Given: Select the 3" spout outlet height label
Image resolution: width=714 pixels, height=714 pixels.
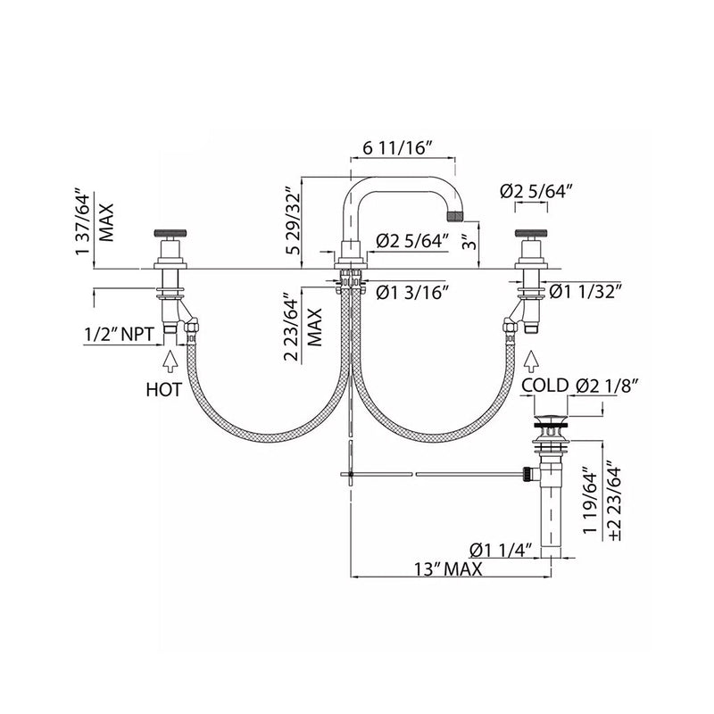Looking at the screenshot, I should pyautogui.click(x=464, y=242).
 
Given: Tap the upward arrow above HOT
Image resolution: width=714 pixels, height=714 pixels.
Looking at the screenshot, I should pyautogui.click(x=168, y=361).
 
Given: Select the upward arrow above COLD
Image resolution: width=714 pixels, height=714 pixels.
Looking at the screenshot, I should pyautogui.click(x=533, y=361).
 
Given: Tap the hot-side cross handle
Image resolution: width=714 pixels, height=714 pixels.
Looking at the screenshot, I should pyautogui.click(x=168, y=233).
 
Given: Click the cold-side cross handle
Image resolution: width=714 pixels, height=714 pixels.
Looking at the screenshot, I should pyautogui.click(x=533, y=233).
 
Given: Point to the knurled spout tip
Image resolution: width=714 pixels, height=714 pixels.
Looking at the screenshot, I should pyautogui.click(x=458, y=214).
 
